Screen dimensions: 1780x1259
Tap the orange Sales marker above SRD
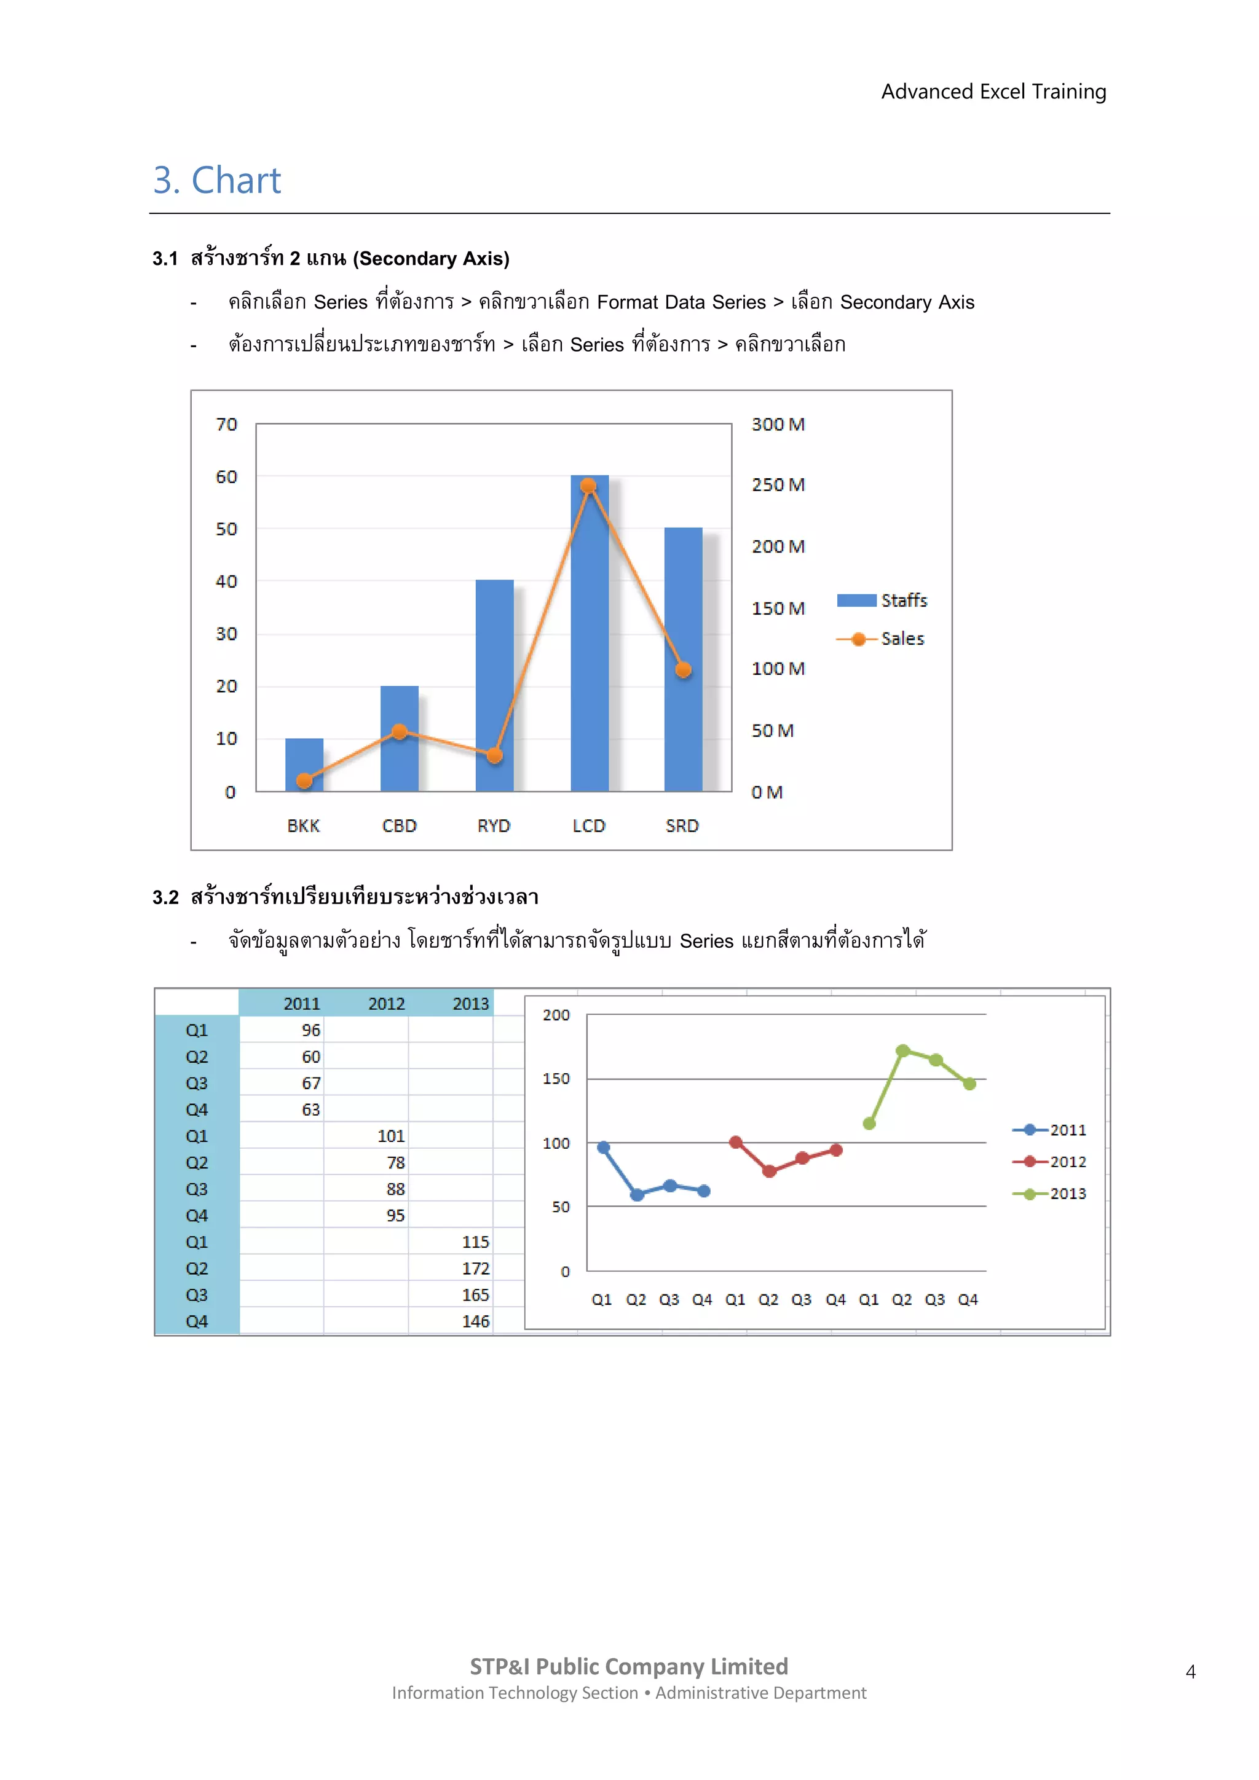coord(683,670)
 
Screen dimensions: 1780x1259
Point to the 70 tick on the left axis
coord(226,425)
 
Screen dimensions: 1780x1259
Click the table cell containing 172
coord(475,1269)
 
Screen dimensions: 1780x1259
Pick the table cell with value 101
coord(391,1136)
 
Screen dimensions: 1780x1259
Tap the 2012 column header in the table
coord(386,1004)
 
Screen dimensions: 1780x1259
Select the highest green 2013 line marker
coord(902,1050)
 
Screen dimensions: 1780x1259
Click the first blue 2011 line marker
coord(603,1148)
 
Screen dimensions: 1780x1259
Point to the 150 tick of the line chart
coord(556,1079)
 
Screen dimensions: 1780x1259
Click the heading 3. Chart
coord(217,181)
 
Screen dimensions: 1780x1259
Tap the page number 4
coord(1190,1672)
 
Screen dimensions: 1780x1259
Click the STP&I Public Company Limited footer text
coord(629,1667)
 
